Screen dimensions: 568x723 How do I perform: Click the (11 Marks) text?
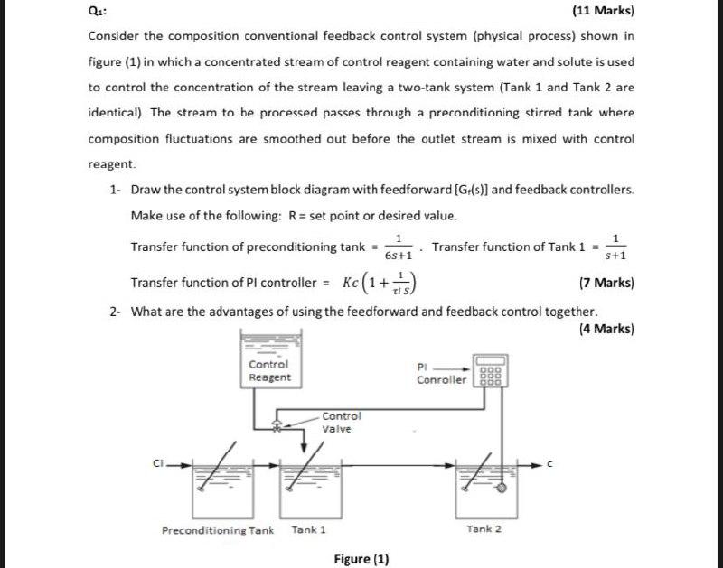603,13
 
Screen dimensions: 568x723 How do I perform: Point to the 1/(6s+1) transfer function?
399,247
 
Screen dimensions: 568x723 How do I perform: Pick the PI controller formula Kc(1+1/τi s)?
378,283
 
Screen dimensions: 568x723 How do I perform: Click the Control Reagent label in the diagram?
269,370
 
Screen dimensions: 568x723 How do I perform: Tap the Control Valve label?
342,422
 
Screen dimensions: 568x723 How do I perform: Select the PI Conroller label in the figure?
441,374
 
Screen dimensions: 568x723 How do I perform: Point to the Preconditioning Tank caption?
217,530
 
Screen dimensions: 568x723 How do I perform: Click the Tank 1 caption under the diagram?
308,530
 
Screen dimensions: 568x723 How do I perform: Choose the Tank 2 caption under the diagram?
484,528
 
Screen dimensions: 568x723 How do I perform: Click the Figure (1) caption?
361,559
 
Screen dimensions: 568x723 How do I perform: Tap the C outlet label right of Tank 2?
548,464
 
